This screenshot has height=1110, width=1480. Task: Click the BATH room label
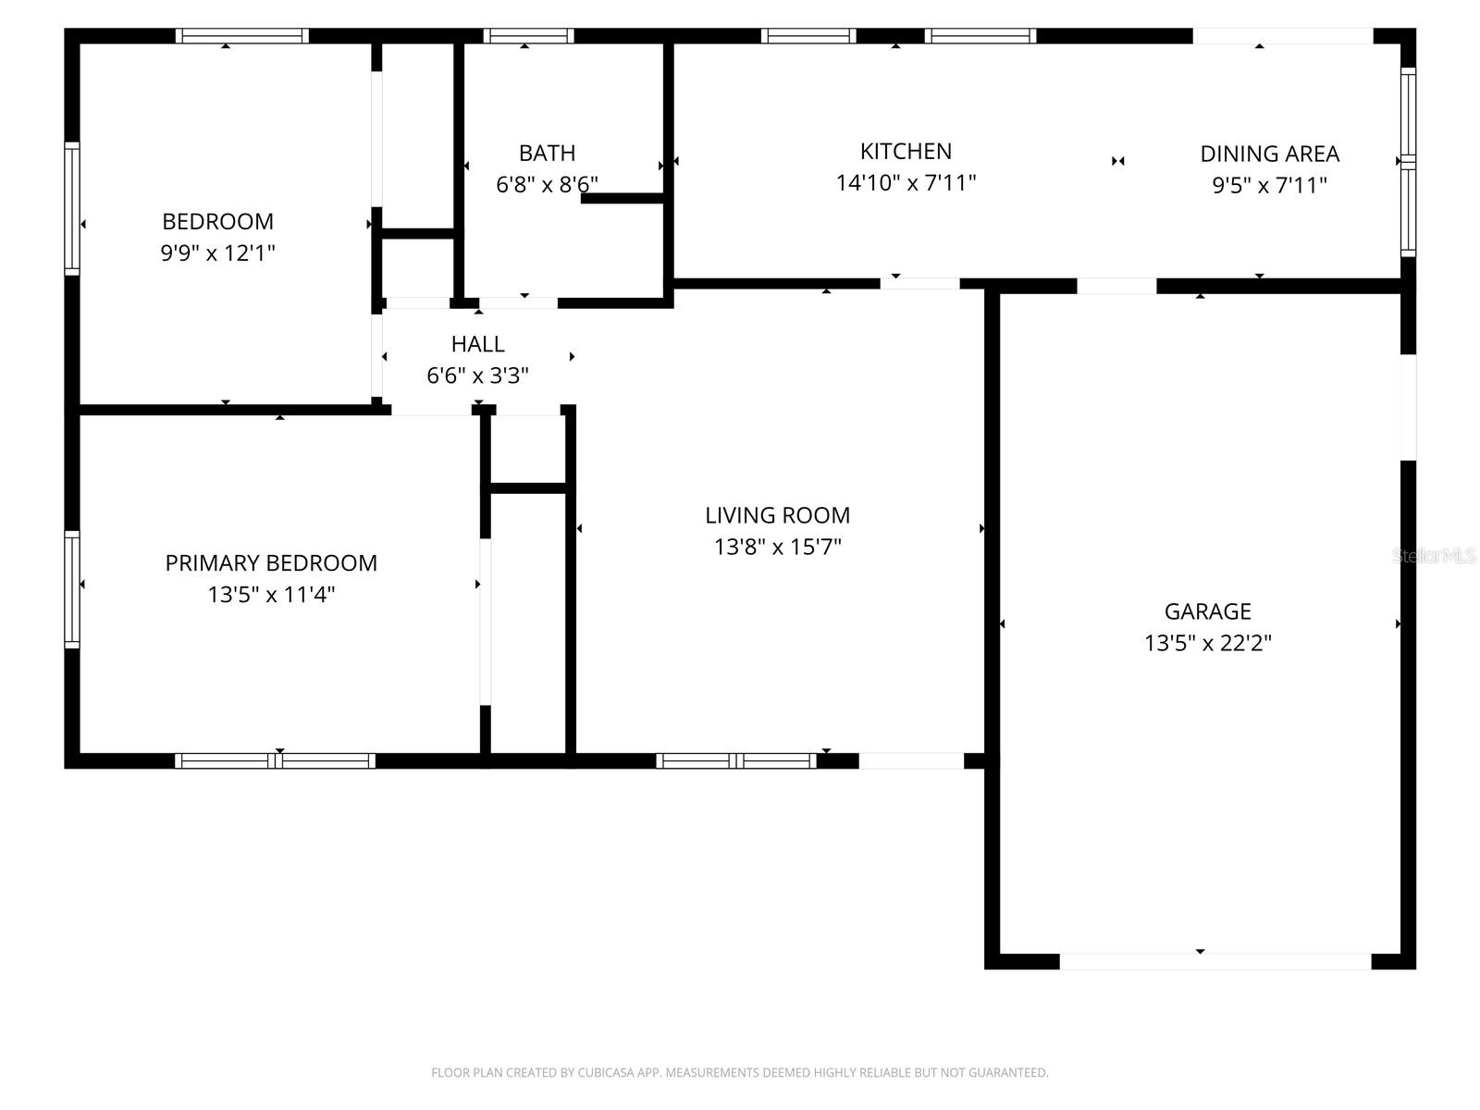(547, 153)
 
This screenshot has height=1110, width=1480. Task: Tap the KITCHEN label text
(906, 151)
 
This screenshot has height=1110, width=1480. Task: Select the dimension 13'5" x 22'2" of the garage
(1207, 643)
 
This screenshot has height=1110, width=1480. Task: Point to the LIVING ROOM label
(777, 515)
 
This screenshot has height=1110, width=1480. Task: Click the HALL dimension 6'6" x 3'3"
(477, 376)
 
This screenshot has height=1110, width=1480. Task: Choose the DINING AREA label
(1269, 154)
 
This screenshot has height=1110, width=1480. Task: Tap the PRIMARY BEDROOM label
(271, 562)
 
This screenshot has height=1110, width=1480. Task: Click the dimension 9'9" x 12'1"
(218, 253)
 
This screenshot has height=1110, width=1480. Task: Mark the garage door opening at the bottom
(1214, 961)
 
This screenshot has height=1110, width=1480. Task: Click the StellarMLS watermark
(1434, 556)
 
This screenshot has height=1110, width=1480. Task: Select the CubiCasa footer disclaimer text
(739, 1073)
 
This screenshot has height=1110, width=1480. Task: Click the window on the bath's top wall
(528, 36)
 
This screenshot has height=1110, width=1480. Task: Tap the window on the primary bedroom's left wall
(72, 588)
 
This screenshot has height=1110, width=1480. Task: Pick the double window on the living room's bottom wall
(736, 761)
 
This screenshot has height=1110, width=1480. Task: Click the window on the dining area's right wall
(1408, 162)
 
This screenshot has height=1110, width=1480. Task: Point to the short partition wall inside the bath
(623, 198)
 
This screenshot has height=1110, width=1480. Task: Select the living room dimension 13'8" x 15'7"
(777, 547)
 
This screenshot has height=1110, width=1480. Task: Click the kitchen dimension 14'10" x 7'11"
(906, 182)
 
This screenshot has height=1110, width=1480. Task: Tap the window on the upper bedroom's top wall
(242, 36)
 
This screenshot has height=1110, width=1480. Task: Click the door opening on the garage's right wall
(1408, 407)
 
